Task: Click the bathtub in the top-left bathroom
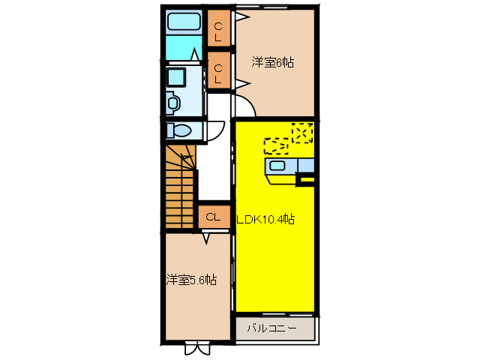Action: [182, 22]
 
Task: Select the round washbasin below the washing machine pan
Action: [173, 102]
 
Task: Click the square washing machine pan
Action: [177, 77]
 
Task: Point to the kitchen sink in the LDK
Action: [277, 166]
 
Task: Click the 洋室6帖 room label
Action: [272, 63]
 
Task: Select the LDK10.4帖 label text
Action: [266, 220]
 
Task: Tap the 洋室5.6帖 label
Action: [191, 280]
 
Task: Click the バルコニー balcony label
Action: [271, 328]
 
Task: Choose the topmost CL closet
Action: [219, 31]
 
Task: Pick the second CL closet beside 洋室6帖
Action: [219, 73]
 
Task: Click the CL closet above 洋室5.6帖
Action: [212, 217]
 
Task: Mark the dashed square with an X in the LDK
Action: [302, 132]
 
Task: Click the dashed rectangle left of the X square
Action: [276, 145]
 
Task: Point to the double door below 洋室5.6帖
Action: [197, 347]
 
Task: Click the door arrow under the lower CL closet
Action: [206, 238]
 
